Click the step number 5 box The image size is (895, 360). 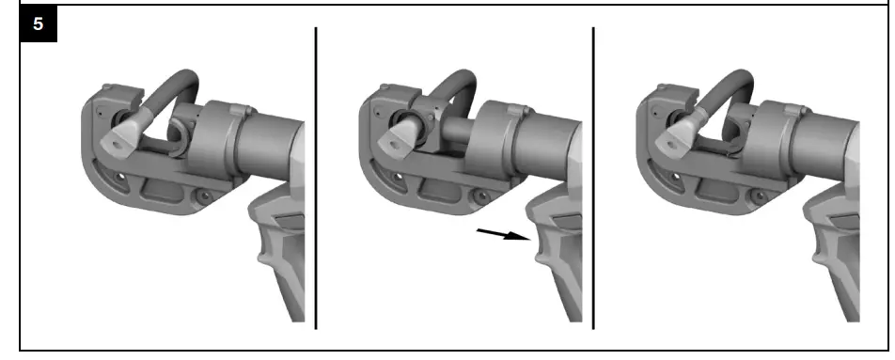point(38,24)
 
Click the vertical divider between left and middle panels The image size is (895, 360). point(315,179)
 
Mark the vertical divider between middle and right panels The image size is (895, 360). point(593,179)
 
